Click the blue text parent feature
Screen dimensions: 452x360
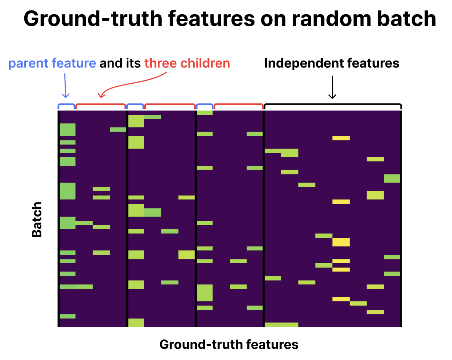[x=52, y=63]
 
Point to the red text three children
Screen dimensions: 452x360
[x=187, y=63]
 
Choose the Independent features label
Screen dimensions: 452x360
[x=332, y=63]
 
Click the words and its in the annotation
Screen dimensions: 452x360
[x=120, y=63]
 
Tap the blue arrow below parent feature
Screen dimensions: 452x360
[x=65, y=86]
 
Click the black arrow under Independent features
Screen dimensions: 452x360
[x=332, y=87]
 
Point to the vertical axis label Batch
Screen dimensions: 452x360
[x=37, y=220]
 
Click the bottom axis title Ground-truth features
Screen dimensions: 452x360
[x=229, y=345]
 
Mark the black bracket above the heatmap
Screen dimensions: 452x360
[x=333, y=104]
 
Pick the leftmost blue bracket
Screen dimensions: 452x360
[x=66, y=104]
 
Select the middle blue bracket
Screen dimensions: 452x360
[x=135, y=104]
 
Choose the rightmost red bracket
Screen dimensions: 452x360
[x=238, y=104]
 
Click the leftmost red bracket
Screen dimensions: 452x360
[x=100, y=104]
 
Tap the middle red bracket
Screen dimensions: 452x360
[x=170, y=104]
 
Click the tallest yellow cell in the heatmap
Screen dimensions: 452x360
[x=341, y=242]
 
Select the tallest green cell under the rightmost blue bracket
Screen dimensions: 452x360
[x=205, y=293]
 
